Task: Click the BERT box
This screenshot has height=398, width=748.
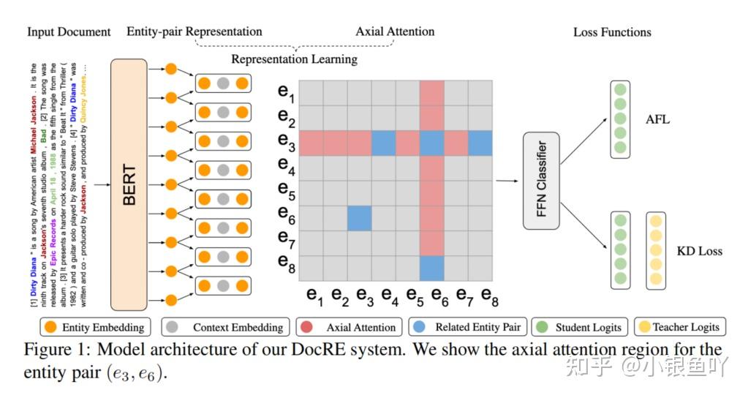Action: click(x=129, y=184)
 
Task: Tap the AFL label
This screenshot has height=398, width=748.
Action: click(x=658, y=119)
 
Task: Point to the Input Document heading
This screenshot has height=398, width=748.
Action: click(x=69, y=31)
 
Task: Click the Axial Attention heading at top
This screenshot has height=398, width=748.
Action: click(x=395, y=31)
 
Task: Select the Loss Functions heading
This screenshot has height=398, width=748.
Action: click(x=612, y=32)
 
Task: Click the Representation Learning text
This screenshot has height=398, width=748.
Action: click(x=295, y=59)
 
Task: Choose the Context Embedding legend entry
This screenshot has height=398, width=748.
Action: click(x=227, y=327)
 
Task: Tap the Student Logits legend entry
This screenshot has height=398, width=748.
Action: click(x=585, y=327)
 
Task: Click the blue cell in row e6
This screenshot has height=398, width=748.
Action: click(x=359, y=218)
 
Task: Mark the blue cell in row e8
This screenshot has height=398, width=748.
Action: click(x=431, y=267)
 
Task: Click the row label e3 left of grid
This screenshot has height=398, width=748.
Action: click(x=286, y=142)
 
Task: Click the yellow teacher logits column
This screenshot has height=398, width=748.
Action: click(x=657, y=249)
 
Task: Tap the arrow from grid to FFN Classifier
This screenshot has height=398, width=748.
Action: click(x=507, y=180)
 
